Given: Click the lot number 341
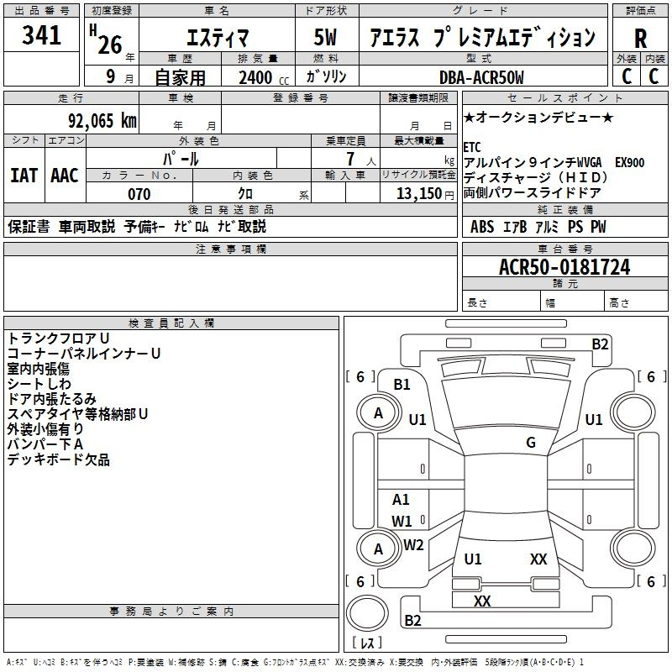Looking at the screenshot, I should tap(42, 36).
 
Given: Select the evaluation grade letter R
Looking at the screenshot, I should tap(640, 38).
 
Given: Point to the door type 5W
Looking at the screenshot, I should tap(327, 38).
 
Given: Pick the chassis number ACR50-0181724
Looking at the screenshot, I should tap(564, 268).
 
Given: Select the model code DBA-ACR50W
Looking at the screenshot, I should tap(480, 78).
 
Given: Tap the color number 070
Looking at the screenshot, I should tap(139, 194).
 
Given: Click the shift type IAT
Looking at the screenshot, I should tap(24, 176).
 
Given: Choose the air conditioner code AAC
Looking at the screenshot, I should tap(64, 176).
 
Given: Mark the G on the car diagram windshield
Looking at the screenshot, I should tap(531, 443).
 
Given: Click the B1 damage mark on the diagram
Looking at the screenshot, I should tap(402, 385).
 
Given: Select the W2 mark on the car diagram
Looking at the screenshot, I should tap(413, 545).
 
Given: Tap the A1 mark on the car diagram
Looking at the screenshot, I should tap(402, 500).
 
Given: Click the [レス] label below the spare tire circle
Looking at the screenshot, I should tap(367, 643).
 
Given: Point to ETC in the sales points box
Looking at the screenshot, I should tap(472, 148).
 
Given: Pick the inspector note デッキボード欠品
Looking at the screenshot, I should tap(59, 460).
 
